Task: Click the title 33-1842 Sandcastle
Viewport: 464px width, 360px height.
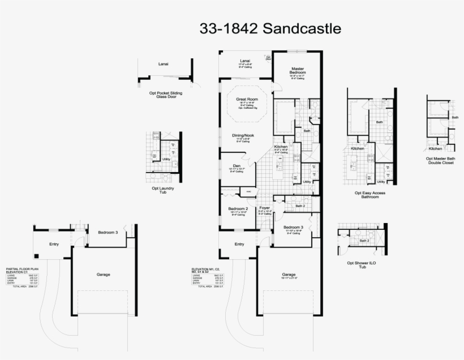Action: coord(270,28)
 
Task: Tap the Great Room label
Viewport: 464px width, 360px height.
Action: coord(247,98)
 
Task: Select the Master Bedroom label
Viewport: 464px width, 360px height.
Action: coord(298,70)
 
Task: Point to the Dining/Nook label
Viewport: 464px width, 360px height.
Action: coord(243,135)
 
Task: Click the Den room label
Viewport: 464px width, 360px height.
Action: coord(236,165)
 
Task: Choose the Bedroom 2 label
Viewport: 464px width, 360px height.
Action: coord(238,209)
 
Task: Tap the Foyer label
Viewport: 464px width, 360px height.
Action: coord(264,208)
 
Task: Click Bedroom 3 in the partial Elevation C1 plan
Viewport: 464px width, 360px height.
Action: coord(108,232)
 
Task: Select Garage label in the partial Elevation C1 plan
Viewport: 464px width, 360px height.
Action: coord(103,275)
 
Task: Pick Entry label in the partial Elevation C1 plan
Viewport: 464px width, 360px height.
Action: coord(54,244)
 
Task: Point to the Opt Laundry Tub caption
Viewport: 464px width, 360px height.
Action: coord(163,190)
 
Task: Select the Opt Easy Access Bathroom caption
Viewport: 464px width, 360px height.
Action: coord(370,195)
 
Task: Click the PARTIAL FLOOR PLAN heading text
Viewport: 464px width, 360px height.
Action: coord(22,269)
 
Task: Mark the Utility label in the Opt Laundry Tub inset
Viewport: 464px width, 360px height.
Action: coord(166,159)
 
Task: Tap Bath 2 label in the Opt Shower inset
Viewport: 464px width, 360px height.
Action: coord(364,241)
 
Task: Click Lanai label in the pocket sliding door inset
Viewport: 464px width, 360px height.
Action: coord(163,64)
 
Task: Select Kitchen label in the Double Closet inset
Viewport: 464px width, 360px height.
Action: coord(435,148)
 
